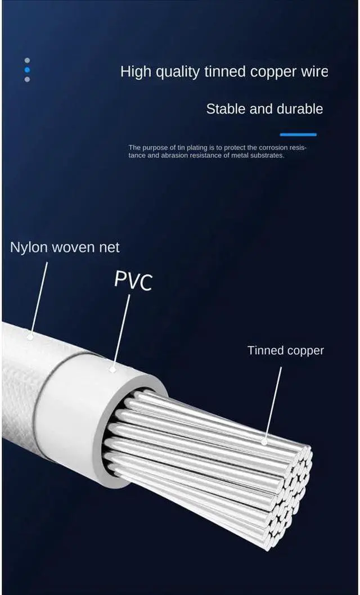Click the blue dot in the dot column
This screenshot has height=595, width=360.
click(x=27, y=70)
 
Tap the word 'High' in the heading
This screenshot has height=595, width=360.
click(x=134, y=72)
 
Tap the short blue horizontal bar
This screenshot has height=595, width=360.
click(x=298, y=134)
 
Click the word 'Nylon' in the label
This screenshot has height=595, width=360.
click(x=29, y=247)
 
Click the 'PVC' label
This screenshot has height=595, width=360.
click(x=133, y=280)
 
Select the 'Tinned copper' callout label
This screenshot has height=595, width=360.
click(x=286, y=350)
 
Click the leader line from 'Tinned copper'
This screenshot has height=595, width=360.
click(x=273, y=403)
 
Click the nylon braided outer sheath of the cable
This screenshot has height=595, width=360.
click(x=22, y=382)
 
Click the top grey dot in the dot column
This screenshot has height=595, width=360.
click(x=27, y=60)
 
